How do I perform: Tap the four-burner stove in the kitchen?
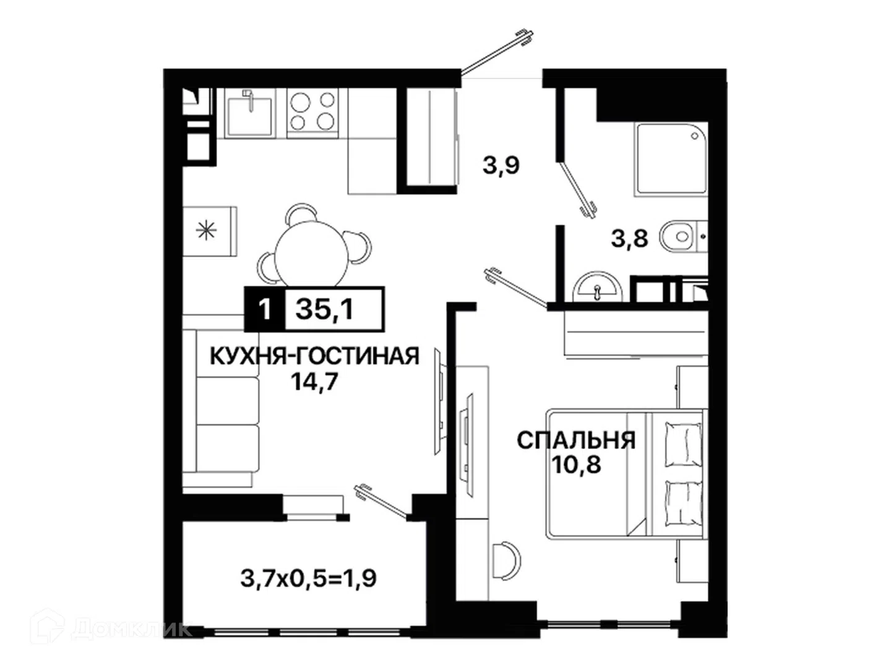(x=312, y=113)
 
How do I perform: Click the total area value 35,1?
(x=324, y=310)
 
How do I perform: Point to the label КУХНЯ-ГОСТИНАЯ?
(x=314, y=356)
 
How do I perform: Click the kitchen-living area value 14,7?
(x=314, y=382)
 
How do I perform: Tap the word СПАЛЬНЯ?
(x=575, y=440)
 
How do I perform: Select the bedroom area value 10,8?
(x=575, y=465)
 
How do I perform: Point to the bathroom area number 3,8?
(x=630, y=238)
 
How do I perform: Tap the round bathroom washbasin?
(x=597, y=287)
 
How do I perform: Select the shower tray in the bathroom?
(x=670, y=160)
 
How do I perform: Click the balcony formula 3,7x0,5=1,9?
(x=309, y=578)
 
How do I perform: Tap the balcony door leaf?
(x=381, y=502)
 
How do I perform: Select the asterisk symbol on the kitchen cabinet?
(x=206, y=231)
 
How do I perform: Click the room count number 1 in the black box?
(x=265, y=310)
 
